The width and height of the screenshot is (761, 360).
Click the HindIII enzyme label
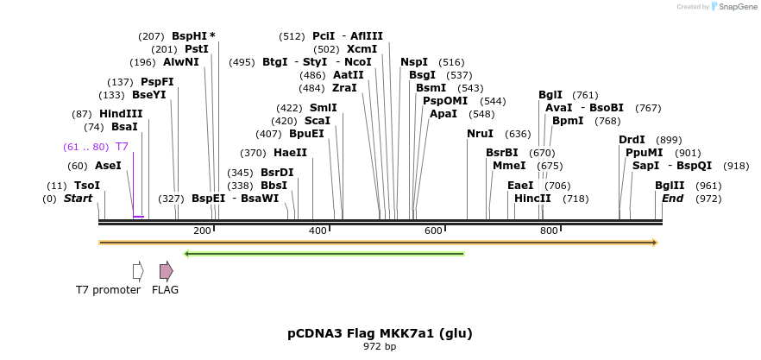pos(120,114)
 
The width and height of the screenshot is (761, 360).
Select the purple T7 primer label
pos(122,147)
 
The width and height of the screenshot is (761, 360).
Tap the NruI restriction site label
pos(480,134)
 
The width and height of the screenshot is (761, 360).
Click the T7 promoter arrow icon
pos(138,271)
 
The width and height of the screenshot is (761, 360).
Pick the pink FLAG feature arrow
pos(166,271)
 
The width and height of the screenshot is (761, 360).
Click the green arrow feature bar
pos(324,254)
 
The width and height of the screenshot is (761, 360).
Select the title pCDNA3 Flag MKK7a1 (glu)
pos(380,333)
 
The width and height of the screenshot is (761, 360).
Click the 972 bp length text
pos(380,347)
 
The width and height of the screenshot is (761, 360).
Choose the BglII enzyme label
pos(670,186)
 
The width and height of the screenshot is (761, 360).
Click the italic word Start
pos(78,199)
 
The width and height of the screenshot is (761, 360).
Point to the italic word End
pos(672,199)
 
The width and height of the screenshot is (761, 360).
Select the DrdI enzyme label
pos(632,140)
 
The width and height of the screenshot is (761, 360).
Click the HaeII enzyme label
pos(290,153)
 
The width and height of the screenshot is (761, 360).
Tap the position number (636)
pos(518,134)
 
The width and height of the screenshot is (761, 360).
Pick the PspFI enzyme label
pos(157,82)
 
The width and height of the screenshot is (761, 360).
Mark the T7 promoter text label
pos(108,290)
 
